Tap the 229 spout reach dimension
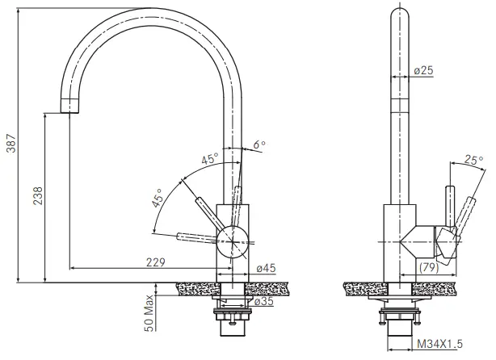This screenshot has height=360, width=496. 156,262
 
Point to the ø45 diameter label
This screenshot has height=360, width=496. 266,269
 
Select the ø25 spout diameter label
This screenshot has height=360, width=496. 423,71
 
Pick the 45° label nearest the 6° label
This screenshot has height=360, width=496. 209,159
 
